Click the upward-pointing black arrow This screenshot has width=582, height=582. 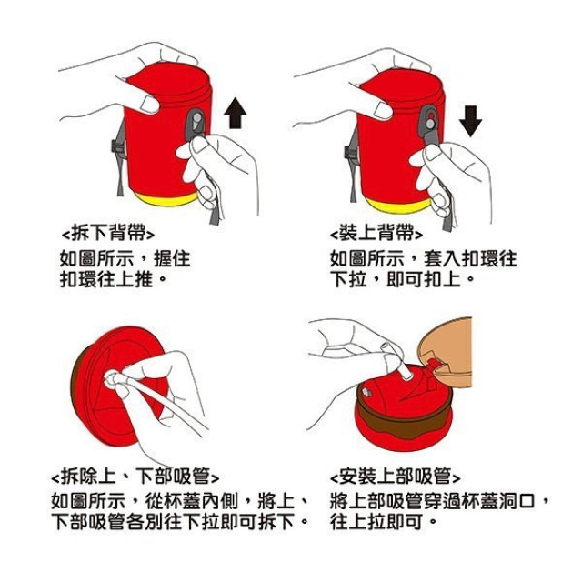click(236, 113)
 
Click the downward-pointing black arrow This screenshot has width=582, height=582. click(470, 118)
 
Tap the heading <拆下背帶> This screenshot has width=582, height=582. click(115, 231)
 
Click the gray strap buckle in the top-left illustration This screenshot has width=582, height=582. click(196, 126)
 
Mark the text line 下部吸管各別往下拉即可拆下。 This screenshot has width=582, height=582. click(179, 523)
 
